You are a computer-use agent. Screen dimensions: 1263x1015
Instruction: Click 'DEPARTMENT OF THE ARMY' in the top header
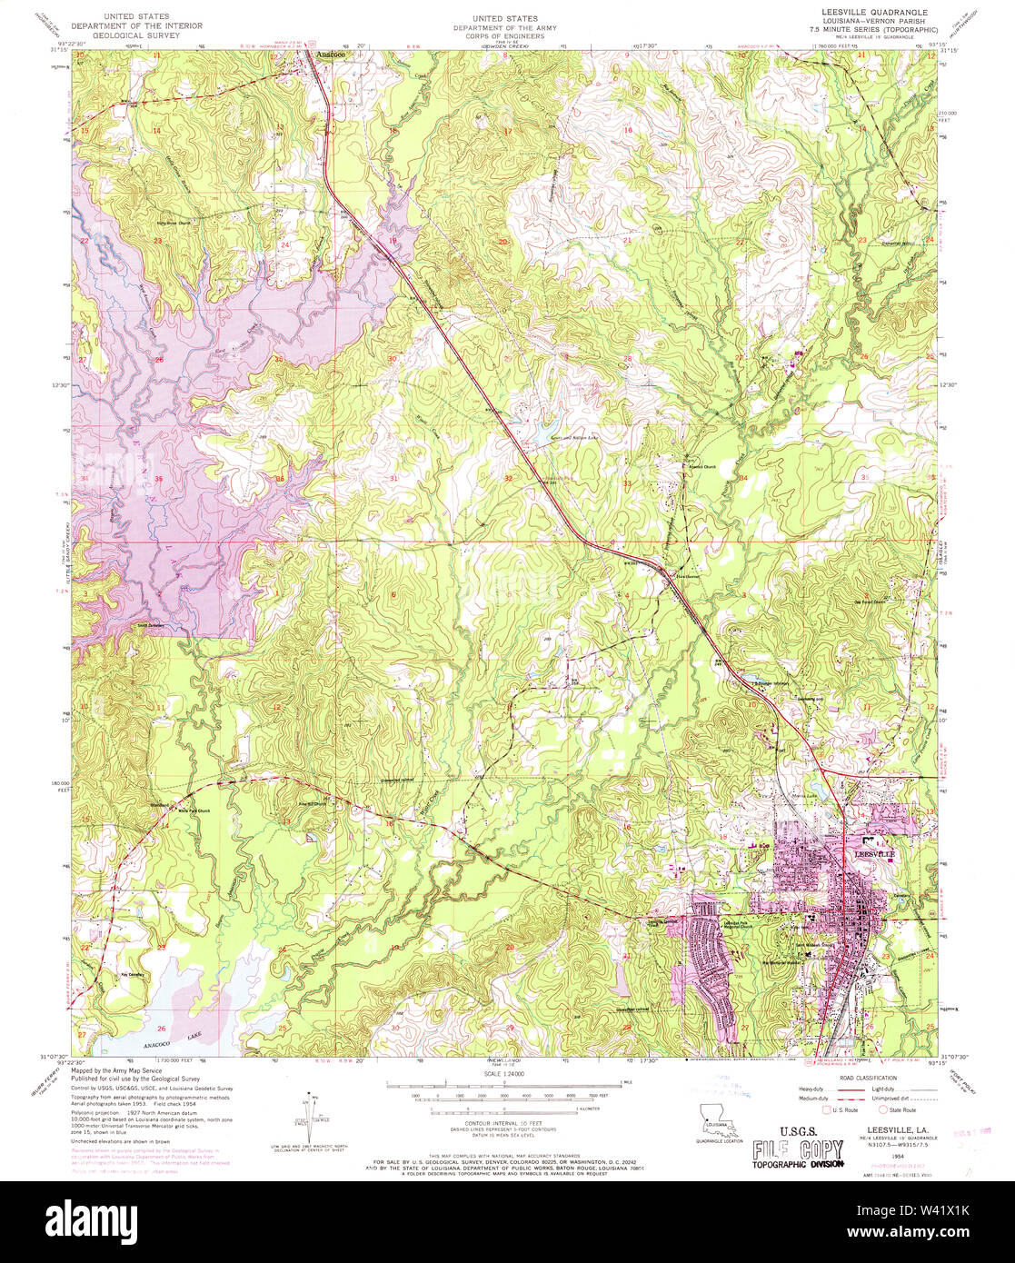click(x=505, y=28)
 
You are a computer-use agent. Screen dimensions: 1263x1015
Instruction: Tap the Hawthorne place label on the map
click(x=687, y=574)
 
